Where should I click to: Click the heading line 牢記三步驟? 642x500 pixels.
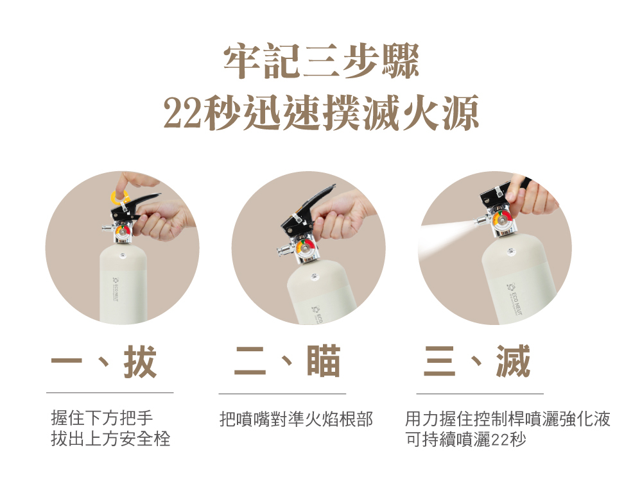click(321, 63)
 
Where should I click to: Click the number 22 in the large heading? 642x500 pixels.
click(182, 114)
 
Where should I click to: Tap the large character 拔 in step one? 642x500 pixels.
click(141, 362)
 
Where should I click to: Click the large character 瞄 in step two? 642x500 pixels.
click(324, 362)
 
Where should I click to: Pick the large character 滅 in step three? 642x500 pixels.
click(513, 362)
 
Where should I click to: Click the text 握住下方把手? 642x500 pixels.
click(102, 420)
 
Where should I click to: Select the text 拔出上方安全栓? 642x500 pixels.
click(110, 440)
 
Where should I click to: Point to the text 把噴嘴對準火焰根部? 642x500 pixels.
click(296, 420)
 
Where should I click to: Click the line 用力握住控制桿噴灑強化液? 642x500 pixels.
click(507, 420)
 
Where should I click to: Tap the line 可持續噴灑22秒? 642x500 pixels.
click(465, 440)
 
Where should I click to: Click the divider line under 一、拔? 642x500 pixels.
click(110, 392)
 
